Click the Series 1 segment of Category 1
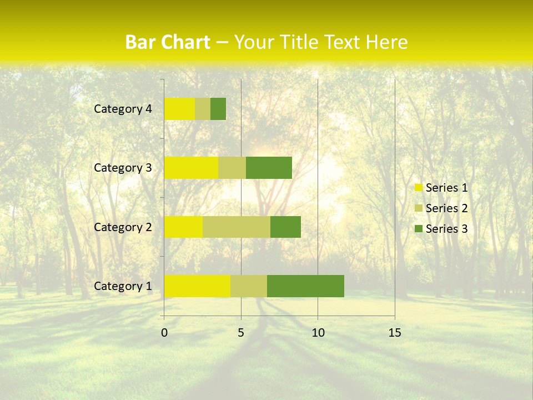[197, 286]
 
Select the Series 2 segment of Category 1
[249, 286]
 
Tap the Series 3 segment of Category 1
[305, 286]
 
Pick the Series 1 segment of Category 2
[183, 227]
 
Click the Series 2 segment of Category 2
[237, 227]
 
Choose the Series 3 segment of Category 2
[285, 227]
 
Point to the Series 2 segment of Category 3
[232, 168]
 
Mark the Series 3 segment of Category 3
[269, 168]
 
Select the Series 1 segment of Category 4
[179, 109]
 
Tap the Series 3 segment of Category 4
[218, 109]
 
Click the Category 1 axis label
[123, 286]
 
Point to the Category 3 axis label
[123, 168]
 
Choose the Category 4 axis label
[123, 109]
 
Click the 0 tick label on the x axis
[164, 333]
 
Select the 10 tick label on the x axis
[318, 333]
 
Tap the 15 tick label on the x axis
[394, 333]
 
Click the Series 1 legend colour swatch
[418, 188]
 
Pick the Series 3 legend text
[446, 229]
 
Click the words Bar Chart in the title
[168, 42]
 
